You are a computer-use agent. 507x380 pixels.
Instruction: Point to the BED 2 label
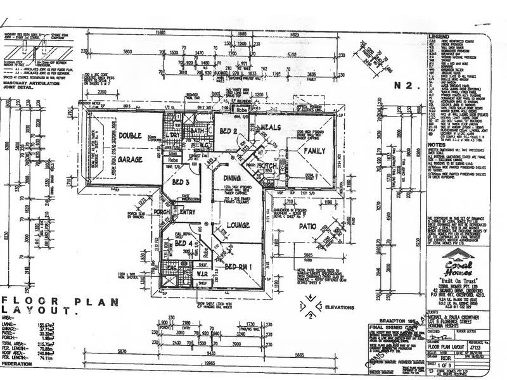point(229,131)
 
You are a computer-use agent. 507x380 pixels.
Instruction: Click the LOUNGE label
point(226,225)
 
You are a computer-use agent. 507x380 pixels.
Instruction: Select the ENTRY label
point(187,212)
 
